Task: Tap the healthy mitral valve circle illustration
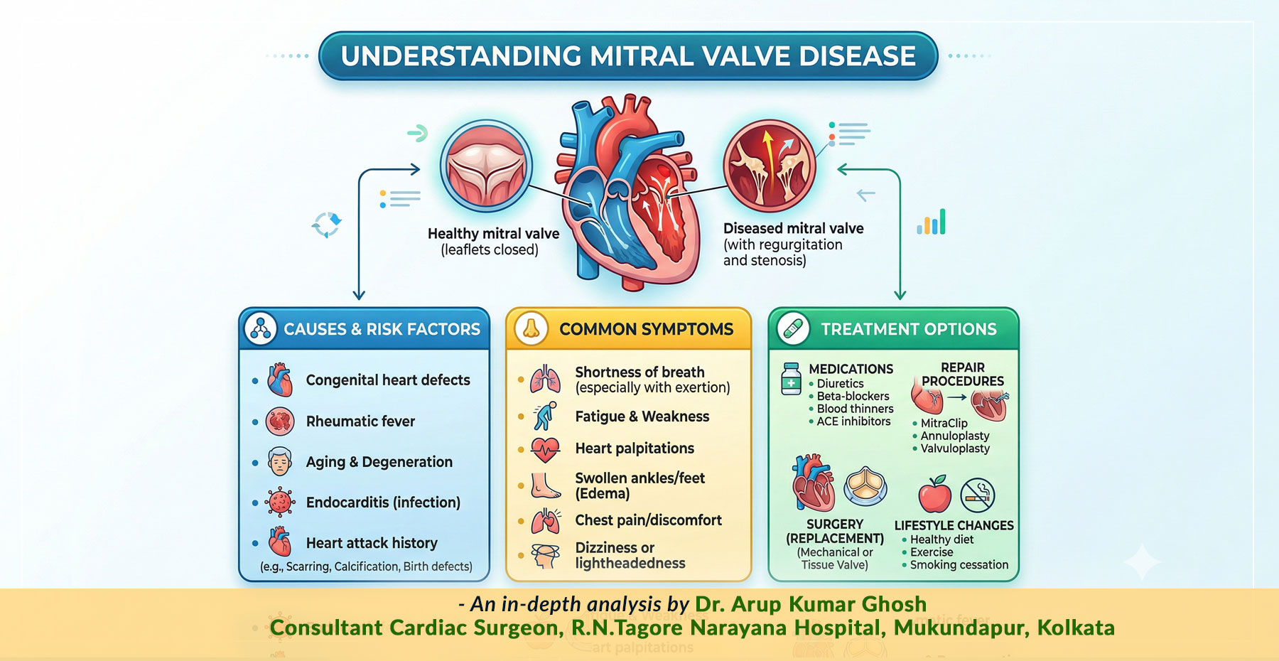[x=486, y=166]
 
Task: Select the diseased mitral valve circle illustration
[x=770, y=166]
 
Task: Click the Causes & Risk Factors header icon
[x=261, y=329]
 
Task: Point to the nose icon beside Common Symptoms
[x=531, y=329]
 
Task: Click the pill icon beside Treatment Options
[x=793, y=329]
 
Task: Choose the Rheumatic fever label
[x=360, y=421]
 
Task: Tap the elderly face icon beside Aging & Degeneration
[x=280, y=462]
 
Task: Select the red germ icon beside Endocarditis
[x=280, y=503]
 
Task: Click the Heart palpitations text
[x=635, y=448]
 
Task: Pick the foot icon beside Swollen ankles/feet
[x=546, y=485]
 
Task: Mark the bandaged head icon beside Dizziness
[x=546, y=555]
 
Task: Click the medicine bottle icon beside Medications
[x=791, y=378]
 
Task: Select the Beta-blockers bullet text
[x=853, y=396]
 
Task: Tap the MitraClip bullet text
[x=944, y=423]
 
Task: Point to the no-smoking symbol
[x=978, y=495]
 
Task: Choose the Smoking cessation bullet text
[x=959, y=565]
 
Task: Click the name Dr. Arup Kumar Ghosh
[x=811, y=604]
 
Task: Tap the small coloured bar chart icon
[x=932, y=222]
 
